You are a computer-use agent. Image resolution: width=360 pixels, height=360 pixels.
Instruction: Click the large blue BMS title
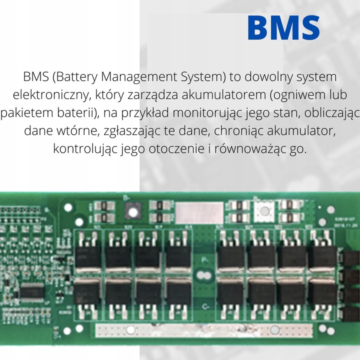(x=283, y=28)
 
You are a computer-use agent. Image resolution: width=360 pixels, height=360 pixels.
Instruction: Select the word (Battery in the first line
(x=74, y=77)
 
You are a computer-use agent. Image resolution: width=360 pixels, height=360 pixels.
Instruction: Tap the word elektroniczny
(x=52, y=95)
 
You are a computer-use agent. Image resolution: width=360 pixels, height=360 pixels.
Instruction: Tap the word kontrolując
(x=85, y=149)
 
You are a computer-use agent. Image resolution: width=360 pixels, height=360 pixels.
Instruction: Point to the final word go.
(x=297, y=149)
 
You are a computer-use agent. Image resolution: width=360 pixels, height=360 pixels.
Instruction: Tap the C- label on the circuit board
(x=204, y=305)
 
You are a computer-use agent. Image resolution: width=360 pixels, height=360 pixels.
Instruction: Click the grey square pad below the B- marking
(x=132, y=211)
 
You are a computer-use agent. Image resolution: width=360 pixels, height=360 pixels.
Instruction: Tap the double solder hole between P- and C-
(x=203, y=276)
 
